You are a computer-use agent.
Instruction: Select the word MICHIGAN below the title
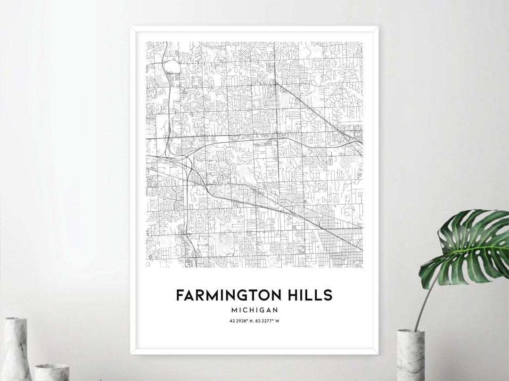(x=254, y=310)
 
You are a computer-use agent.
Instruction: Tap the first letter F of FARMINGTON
(x=180, y=295)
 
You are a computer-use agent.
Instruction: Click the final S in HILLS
(x=328, y=295)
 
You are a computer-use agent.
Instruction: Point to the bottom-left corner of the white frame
(x=132, y=353)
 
